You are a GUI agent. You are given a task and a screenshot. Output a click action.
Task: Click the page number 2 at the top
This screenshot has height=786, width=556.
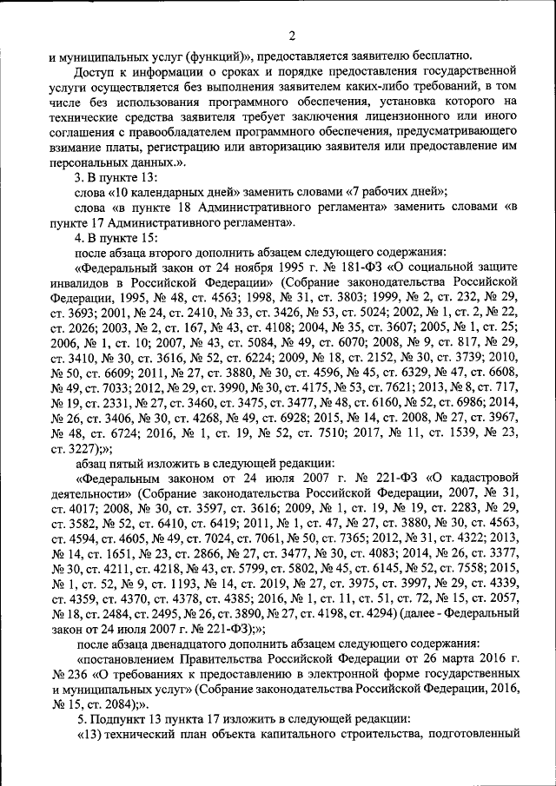click(293, 36)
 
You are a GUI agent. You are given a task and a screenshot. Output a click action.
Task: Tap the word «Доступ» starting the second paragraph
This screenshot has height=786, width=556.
click(97, 72)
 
